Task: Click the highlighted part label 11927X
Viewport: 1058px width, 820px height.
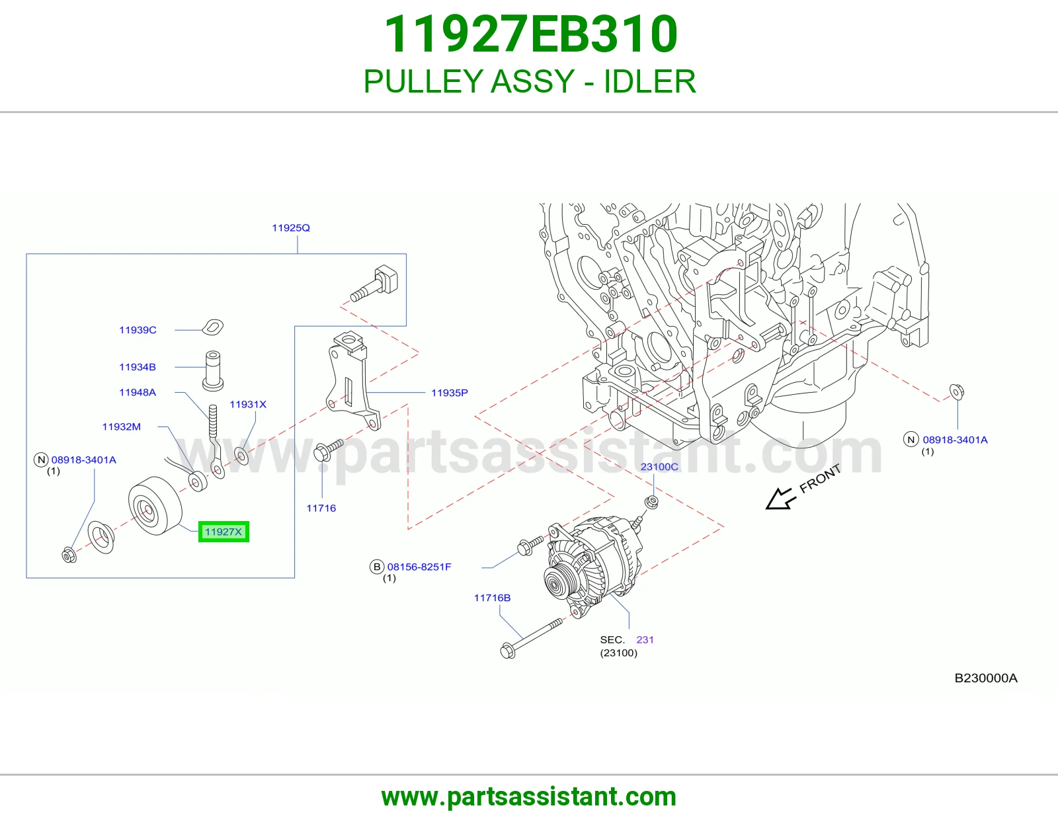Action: click(224, 532)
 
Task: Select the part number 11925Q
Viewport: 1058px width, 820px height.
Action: click(291, 228)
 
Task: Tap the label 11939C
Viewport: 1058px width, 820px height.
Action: click(138, 330)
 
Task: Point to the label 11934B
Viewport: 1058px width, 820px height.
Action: click(138, 367)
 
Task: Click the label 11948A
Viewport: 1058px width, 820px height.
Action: click(138, 392)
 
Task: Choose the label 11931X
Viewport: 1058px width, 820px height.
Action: click(248, 405)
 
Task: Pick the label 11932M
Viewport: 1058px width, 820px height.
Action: click(121, 427)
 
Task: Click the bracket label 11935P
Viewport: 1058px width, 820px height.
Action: click(450, 393)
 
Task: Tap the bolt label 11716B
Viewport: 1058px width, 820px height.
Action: click(492, 598)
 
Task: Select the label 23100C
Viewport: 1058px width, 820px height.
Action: click(659, 467)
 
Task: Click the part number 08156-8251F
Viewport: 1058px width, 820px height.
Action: click(419, 567)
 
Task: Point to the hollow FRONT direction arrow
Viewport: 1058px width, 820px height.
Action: click(780, 499)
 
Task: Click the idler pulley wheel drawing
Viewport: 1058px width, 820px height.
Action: click(155, 505)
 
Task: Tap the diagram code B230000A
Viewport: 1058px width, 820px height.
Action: click(986, 678)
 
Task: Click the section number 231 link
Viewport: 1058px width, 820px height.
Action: click(645, 640)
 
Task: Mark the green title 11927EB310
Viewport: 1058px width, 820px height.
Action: click(531, 34)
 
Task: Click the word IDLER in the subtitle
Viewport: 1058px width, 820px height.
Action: click(650, 81)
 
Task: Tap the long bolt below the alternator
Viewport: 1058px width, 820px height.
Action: click(532, 638)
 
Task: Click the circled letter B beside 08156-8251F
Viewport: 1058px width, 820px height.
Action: click(377, 567)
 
